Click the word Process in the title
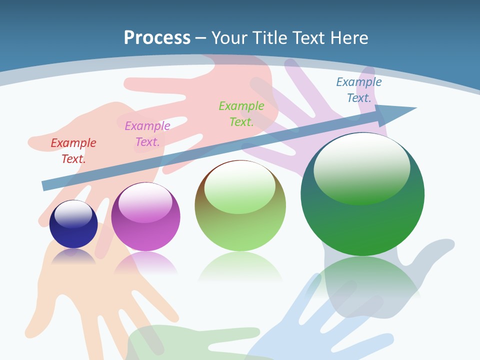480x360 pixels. pyautogui.click(x=157, y=38)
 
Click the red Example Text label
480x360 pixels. pyautogui.click(x=73, y=150)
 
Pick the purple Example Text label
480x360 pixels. pyautogui.click(x=147, y=133)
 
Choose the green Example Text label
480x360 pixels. pyautogui.click(x=241, y=113)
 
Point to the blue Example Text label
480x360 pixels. pyautogui.click(x=359, y=90)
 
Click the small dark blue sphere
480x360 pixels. pyautogui.click(x=73, y=235)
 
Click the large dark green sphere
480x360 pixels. pyautogui.click(x=362, y=225)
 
